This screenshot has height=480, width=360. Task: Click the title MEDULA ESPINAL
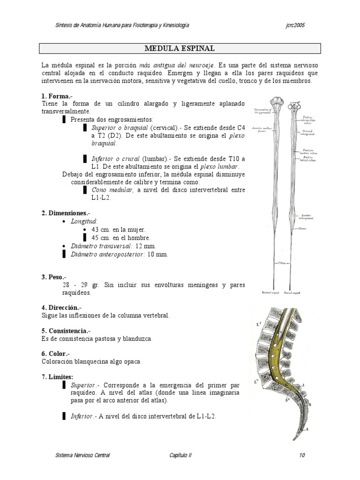(180, 48)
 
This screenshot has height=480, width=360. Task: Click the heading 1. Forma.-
(56, 96)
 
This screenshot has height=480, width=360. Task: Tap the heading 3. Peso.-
(54, 277)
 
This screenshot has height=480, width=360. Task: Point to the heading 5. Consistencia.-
(68, 330)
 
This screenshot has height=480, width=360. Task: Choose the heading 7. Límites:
(57, 377)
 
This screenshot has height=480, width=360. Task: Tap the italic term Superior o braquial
(120, 127)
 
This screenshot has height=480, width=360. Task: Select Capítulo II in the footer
(180, 455)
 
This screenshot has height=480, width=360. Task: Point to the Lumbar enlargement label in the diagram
(307, 217)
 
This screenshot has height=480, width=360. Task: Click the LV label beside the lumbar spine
(256, 381)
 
